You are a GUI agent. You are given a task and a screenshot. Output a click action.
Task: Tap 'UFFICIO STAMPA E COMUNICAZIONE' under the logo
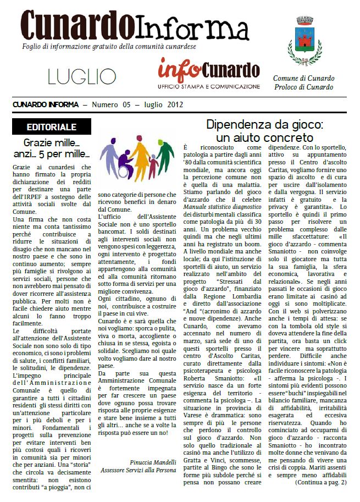[208, 87]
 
